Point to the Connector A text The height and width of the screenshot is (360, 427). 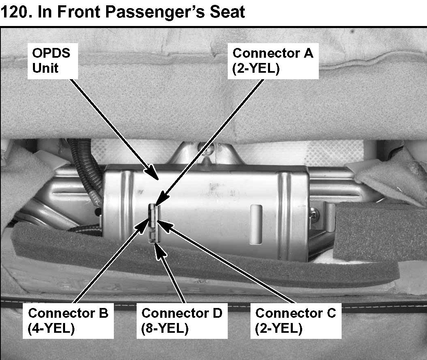click(x=273, y=53)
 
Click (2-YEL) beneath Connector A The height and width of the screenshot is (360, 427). click(x=256, y=68)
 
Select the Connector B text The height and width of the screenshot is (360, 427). click(x=68, y=313)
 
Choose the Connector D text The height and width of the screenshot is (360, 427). click(x=182, y=313)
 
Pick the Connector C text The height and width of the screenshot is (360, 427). click(x=296, y=313)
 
